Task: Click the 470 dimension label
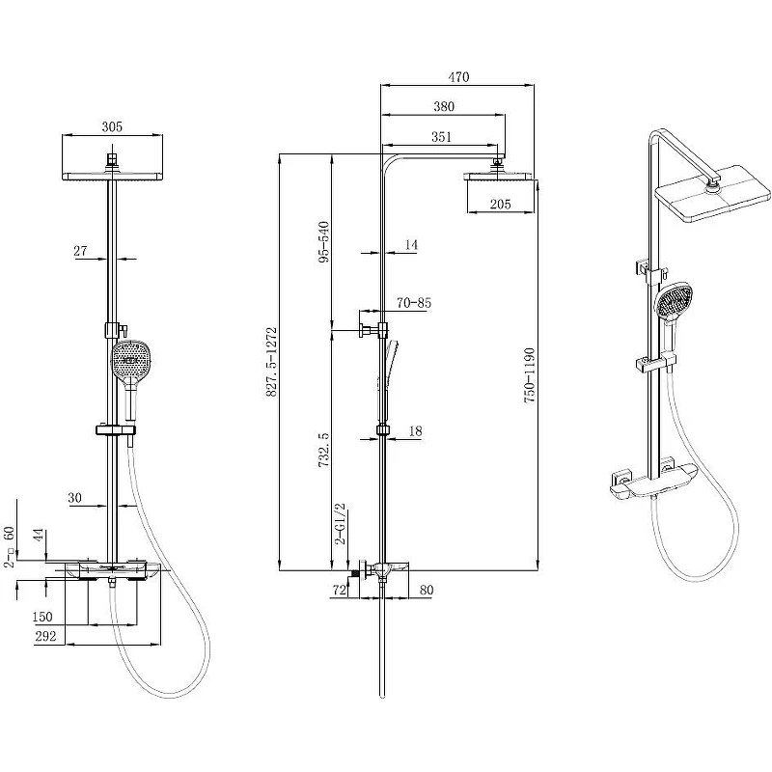click(x=458, y=77)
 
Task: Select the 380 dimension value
click(x=444, y=106)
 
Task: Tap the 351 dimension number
click(x=441, y=136)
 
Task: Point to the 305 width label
click(x=112, y=126)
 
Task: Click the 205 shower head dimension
click(x=500, y=204)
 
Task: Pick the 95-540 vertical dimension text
click(x=323, y=242)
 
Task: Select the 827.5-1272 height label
click(x=272, y=362)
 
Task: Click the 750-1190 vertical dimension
click(x=529, y=375)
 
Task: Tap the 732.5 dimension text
click(x=323, y=450)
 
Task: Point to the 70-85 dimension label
click(x=414, y=303)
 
